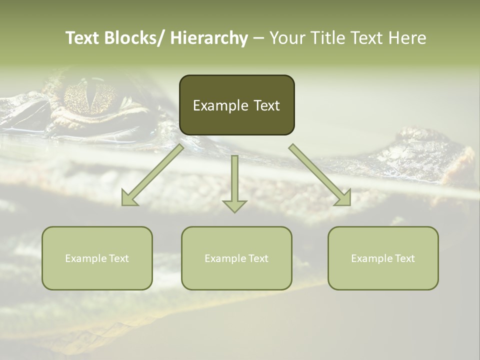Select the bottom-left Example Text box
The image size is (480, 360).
pyautogui.click(x=97, y=258)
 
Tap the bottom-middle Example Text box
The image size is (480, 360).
pyautogui.click(x=236, y=258)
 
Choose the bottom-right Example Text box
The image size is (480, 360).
pyautogui.click(x=383, y=258)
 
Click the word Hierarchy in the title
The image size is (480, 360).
pyautogui.click(x=208, y=38)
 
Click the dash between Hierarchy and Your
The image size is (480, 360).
pyautogui.click(x=258, y=38)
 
